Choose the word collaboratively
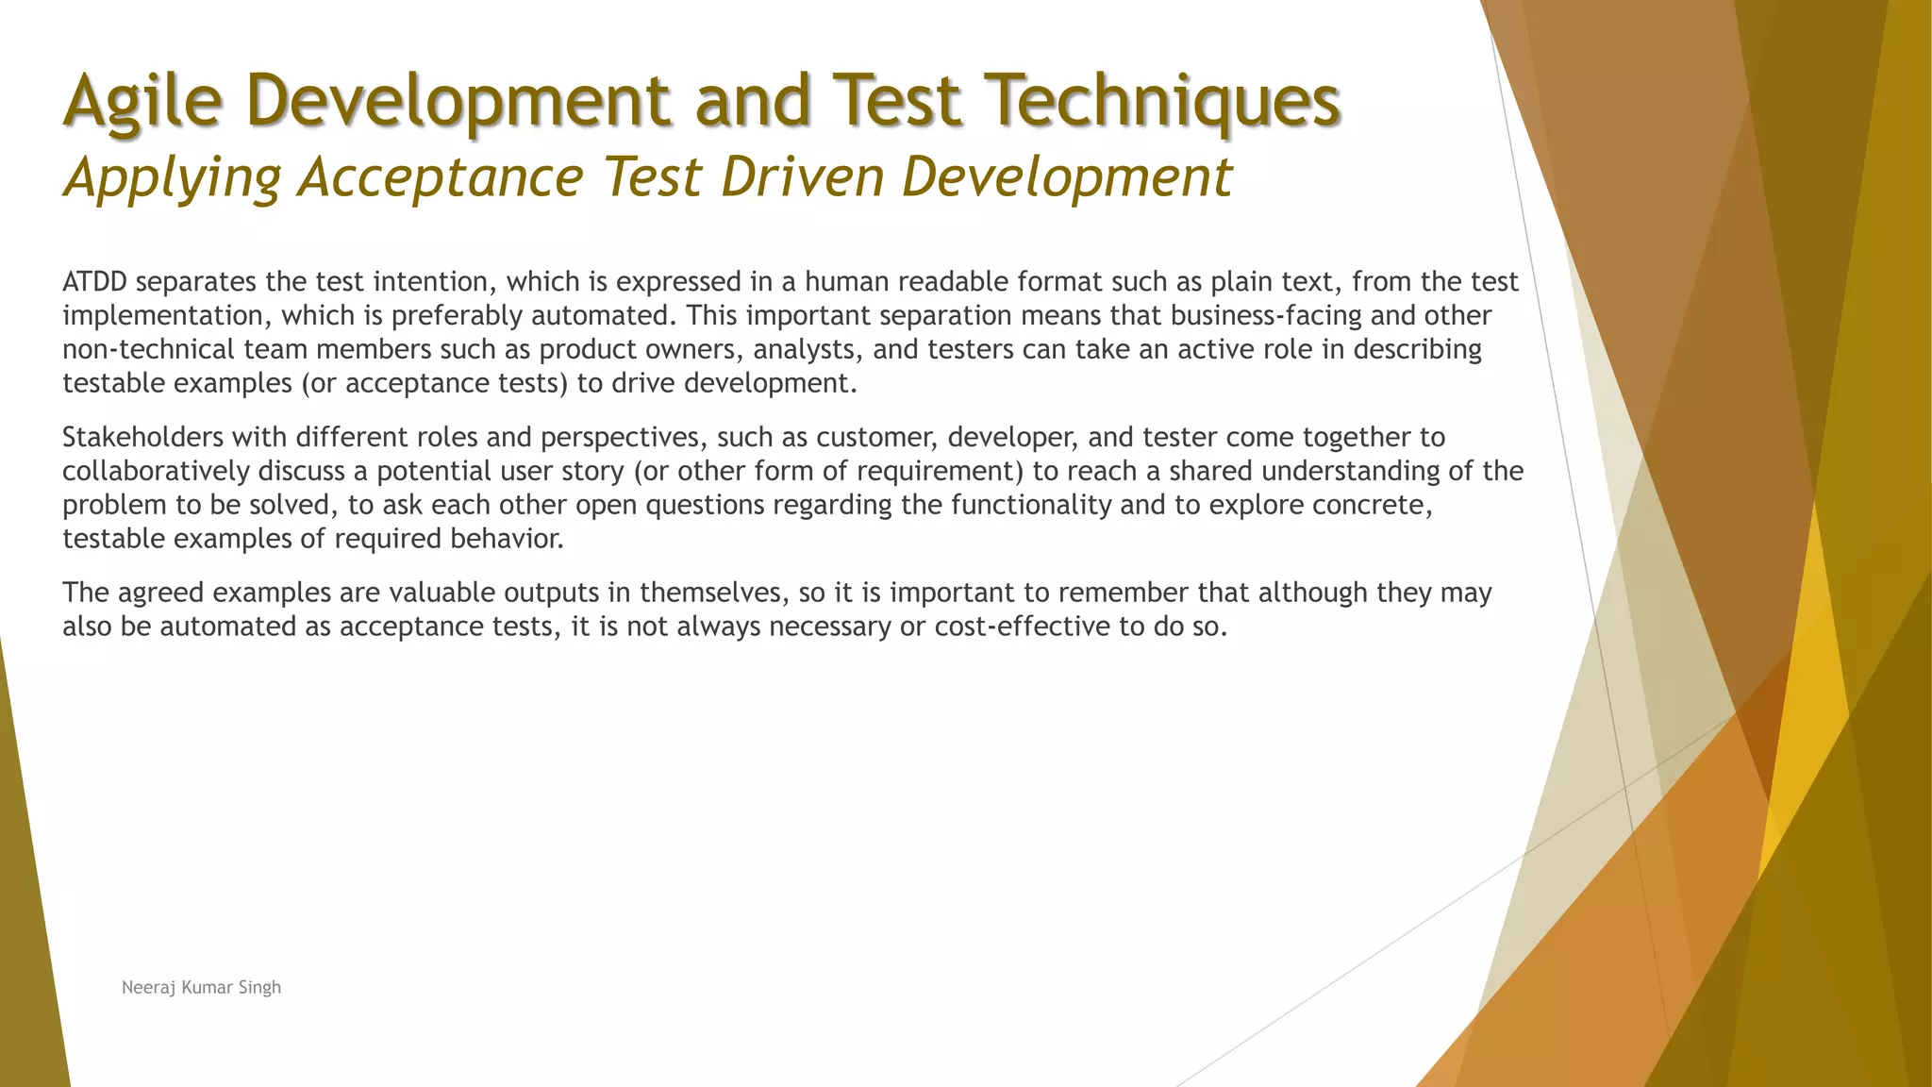point(156,472)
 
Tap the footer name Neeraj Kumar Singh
point(201,988)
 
